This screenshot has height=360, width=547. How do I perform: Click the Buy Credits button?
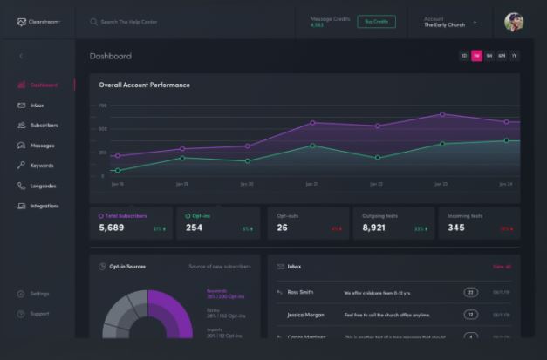(376, 22)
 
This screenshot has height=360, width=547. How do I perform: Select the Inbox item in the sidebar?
(37, 105)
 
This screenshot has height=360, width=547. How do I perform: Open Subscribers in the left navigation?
(43, 126)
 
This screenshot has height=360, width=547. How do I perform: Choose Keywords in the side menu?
(41, 166)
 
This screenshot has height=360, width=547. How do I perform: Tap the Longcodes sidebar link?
(43, 186)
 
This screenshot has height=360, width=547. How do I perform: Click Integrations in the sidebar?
(44, 206)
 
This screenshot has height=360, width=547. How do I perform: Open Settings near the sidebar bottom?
(39, 294)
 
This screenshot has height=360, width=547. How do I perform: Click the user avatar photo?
(514, 22)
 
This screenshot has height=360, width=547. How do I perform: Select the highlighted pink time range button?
(476, 56)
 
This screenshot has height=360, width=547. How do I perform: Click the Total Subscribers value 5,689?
(112, 228)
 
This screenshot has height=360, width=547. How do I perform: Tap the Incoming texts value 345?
(456, 228)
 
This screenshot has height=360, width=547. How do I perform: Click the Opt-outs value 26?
(282, 228)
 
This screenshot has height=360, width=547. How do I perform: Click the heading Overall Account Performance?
(144, 85)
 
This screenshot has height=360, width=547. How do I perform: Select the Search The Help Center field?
(131, 22)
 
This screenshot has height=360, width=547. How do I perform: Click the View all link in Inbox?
(502, 267)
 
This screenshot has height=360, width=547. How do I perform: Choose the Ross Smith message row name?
(300, 292)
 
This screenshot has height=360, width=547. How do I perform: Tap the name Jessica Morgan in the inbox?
(306, 314)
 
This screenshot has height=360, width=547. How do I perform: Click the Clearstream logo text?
(44, 22)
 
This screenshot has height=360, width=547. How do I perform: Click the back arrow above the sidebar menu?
(21, 56)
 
